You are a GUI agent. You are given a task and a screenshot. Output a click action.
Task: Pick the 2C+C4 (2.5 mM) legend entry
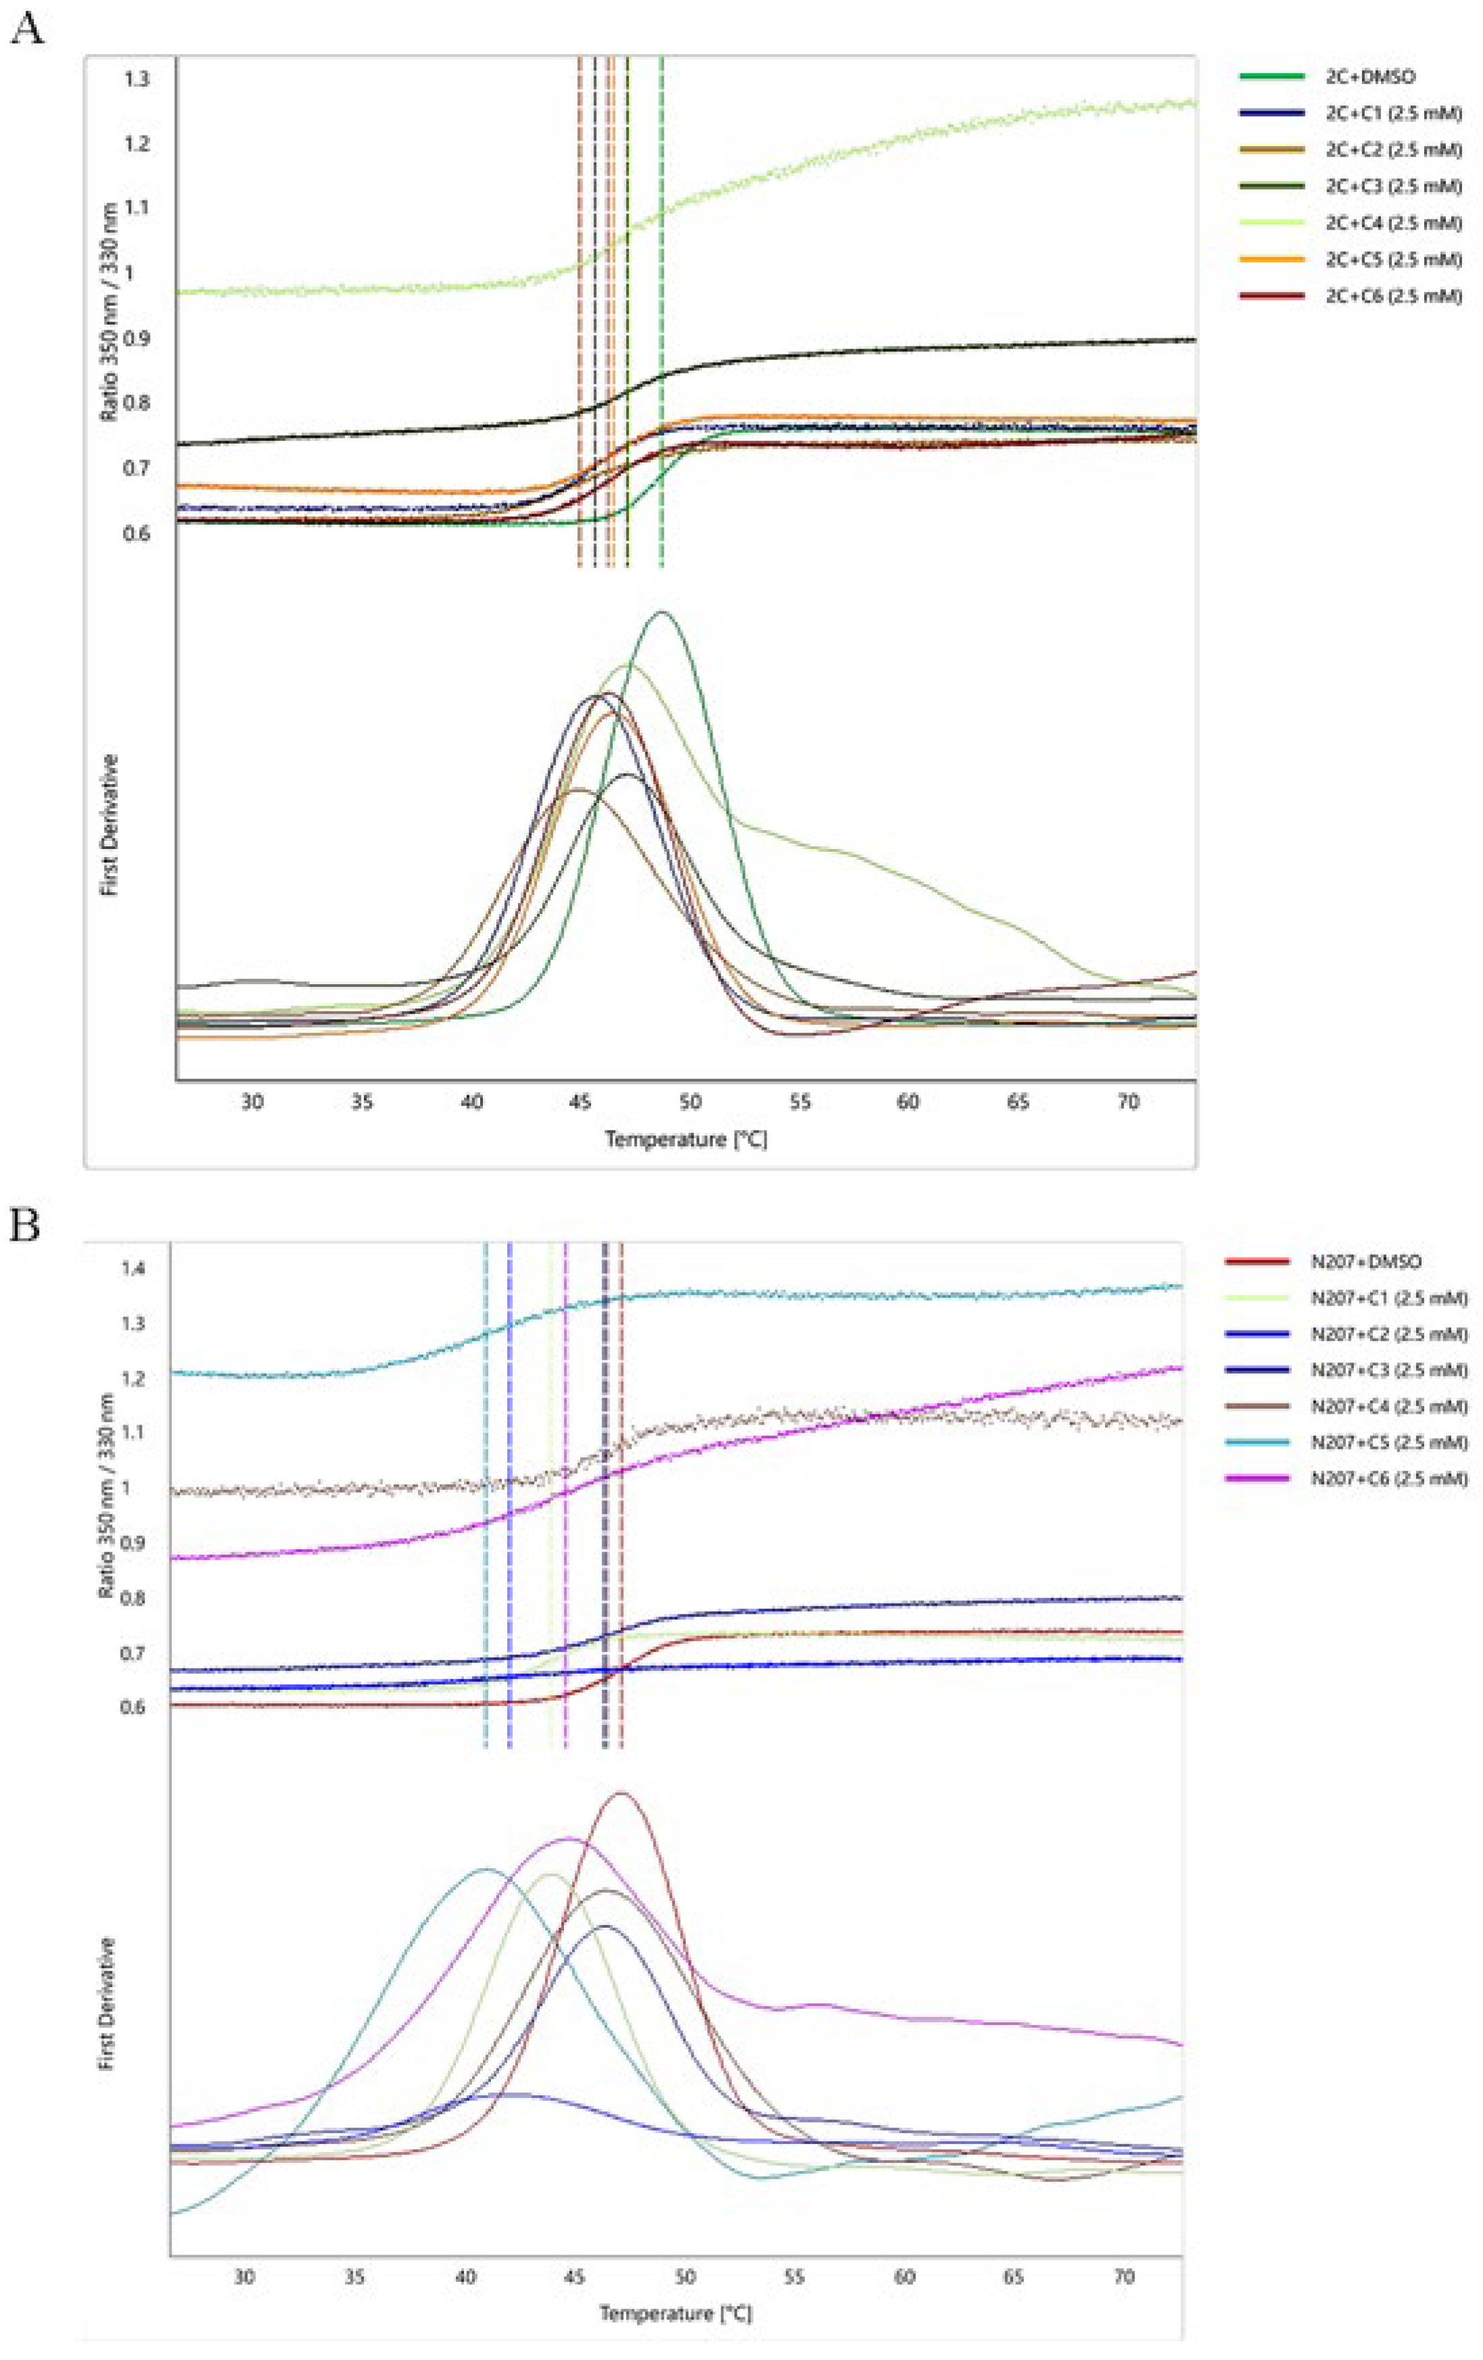pyautogui.click(x=1392, y=224)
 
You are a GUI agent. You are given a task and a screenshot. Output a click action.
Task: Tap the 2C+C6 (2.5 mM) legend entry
pyautogui.click(x=1392, y=296)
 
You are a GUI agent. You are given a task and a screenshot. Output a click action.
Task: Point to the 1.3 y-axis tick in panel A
pyautogui.click(x=136, y=78)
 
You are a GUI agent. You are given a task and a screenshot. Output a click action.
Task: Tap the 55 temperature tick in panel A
pyautogui.click(x=800, y=1102)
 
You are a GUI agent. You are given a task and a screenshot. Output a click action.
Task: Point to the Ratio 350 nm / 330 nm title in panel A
pyautogui.click(x=108, y=311)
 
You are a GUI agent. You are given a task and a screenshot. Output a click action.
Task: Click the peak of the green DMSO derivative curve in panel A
pyautogui.click(x=662, y=613)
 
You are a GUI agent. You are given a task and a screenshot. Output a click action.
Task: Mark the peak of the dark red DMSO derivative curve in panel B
pyautogui.click(x=619, y=1793)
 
